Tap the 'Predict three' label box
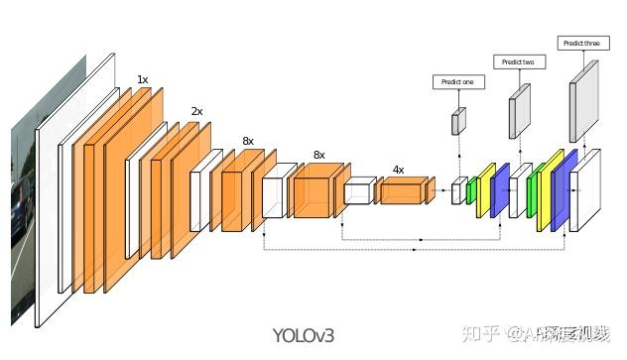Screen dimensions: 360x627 (x=580, y=43)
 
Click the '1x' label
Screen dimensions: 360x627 (x=143, y=79)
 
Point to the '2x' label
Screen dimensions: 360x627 (x=196, y=112)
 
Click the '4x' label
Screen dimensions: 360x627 (x=398, y=170)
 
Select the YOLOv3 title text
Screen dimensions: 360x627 (x=304, y=335)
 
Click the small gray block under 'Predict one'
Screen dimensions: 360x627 (x=458, y=121)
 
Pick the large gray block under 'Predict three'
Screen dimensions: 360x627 (x=584, y=101)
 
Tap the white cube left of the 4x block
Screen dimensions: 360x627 (x=359, y=191)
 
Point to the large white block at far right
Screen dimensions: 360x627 (x=584, y=190)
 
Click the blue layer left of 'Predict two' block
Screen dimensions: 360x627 (x=500, y=190)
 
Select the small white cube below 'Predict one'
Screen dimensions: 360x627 (x=457, y=191)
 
